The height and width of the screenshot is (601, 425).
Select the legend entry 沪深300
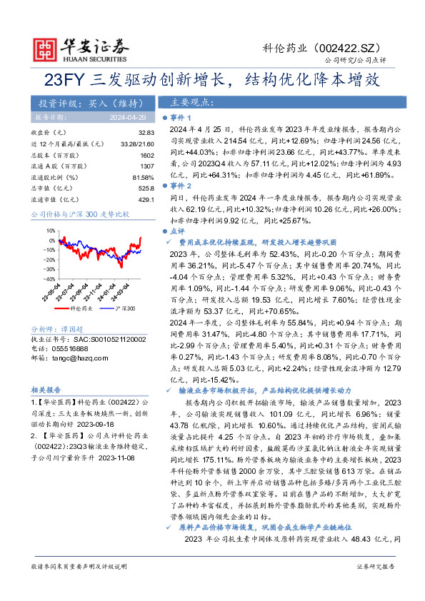click(x=126, y=308)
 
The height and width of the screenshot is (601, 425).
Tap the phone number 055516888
click(x=69, y=348)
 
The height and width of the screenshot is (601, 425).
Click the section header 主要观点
click(x=185, y=101)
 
